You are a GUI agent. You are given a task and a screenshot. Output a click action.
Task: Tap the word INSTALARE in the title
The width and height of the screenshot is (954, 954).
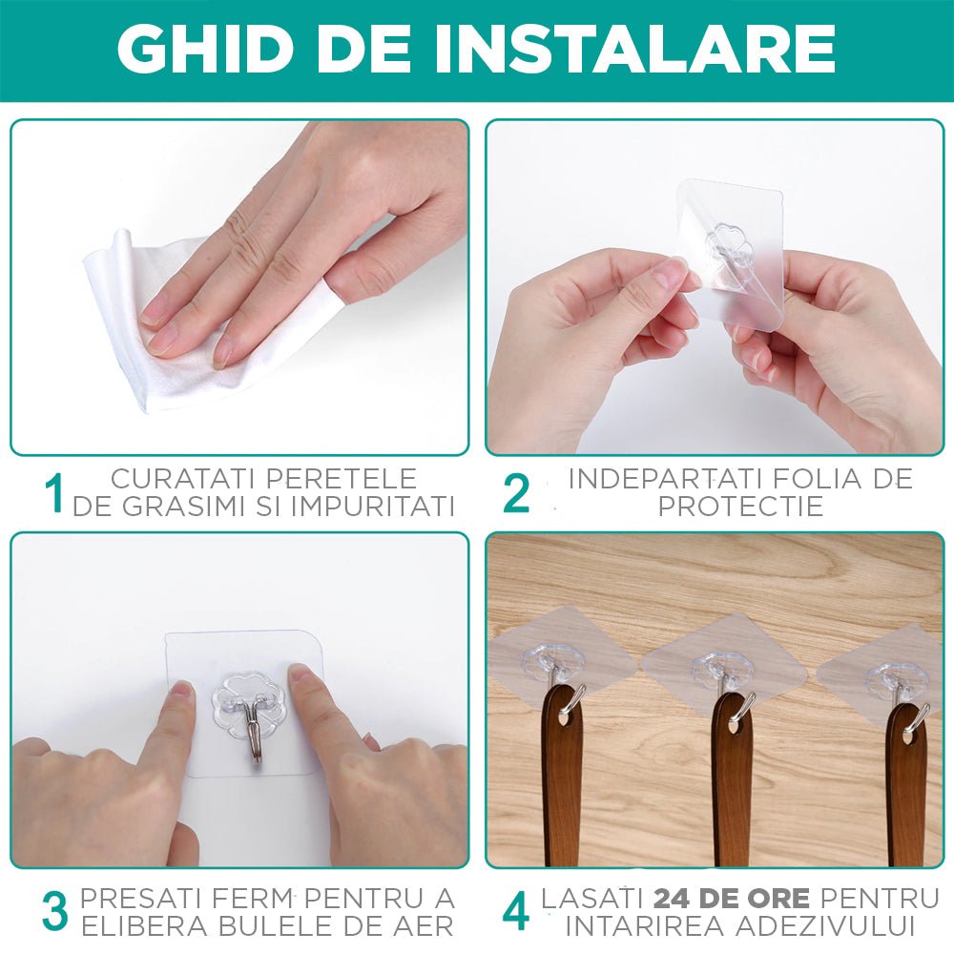(x=634, y=49)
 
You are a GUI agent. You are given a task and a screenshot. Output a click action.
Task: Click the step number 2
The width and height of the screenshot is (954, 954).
(x=516, y=493)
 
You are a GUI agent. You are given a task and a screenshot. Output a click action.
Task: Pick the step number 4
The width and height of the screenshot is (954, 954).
(x=516, y=911)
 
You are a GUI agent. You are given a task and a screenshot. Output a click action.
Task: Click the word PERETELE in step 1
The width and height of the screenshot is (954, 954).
(x=342, y=479)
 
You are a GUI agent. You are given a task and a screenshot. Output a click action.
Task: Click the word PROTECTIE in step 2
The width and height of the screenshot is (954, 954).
(x=740, y=507)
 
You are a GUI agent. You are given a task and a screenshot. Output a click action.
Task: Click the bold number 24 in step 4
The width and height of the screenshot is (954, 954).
(x=673, y=898)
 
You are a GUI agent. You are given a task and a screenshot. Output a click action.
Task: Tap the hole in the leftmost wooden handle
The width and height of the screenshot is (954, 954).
(x=565, y=717)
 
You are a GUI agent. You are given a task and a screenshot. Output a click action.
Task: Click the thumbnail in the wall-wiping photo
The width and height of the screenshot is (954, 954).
(x=330, y=285)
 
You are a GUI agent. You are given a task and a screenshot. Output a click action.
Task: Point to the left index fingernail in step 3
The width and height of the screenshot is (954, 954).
(x=182, y=688)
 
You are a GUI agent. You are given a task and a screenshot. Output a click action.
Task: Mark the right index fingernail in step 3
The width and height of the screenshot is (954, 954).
(x=298, y=673)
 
